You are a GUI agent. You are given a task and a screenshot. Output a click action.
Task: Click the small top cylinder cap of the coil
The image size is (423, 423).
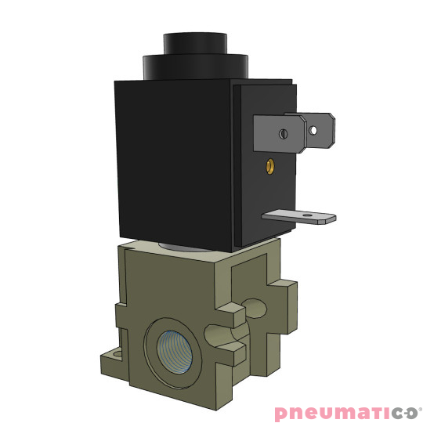190,43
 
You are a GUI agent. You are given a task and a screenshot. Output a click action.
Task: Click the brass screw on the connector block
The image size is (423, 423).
270,165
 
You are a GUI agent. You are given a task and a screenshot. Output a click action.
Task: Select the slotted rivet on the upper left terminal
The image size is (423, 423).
283,134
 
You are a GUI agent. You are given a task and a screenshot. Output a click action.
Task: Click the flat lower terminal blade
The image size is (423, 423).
302,217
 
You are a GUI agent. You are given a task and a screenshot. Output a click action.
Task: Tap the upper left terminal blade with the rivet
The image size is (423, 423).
280,136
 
